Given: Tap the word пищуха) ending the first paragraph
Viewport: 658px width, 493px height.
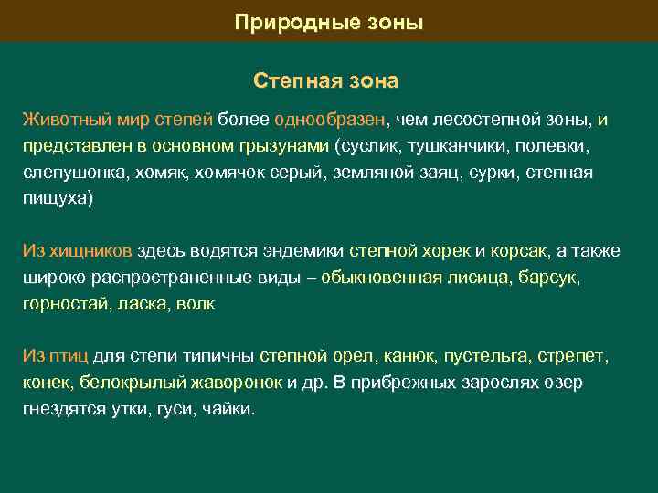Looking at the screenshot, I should click(x=58, y=199).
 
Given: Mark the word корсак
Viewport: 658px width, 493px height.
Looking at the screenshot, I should click(x=519, y=251).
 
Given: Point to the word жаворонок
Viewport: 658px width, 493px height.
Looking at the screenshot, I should click(x=238, y=383).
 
